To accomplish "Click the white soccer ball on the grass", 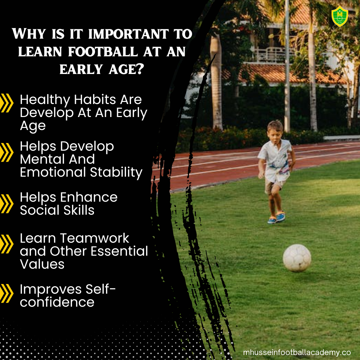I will coord(297,258).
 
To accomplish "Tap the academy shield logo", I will coord(340,16).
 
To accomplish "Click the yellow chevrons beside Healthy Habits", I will coord(7,103).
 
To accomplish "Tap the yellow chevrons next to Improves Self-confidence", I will coord(7,293).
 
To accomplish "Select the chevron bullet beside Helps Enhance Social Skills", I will coord(7,204).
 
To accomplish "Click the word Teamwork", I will coord(94,238).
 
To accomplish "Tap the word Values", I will coord(42,264).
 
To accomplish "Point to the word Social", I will coord(38,210).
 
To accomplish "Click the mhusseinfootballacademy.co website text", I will coord(297,352).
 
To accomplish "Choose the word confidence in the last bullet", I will coord(57,302).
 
